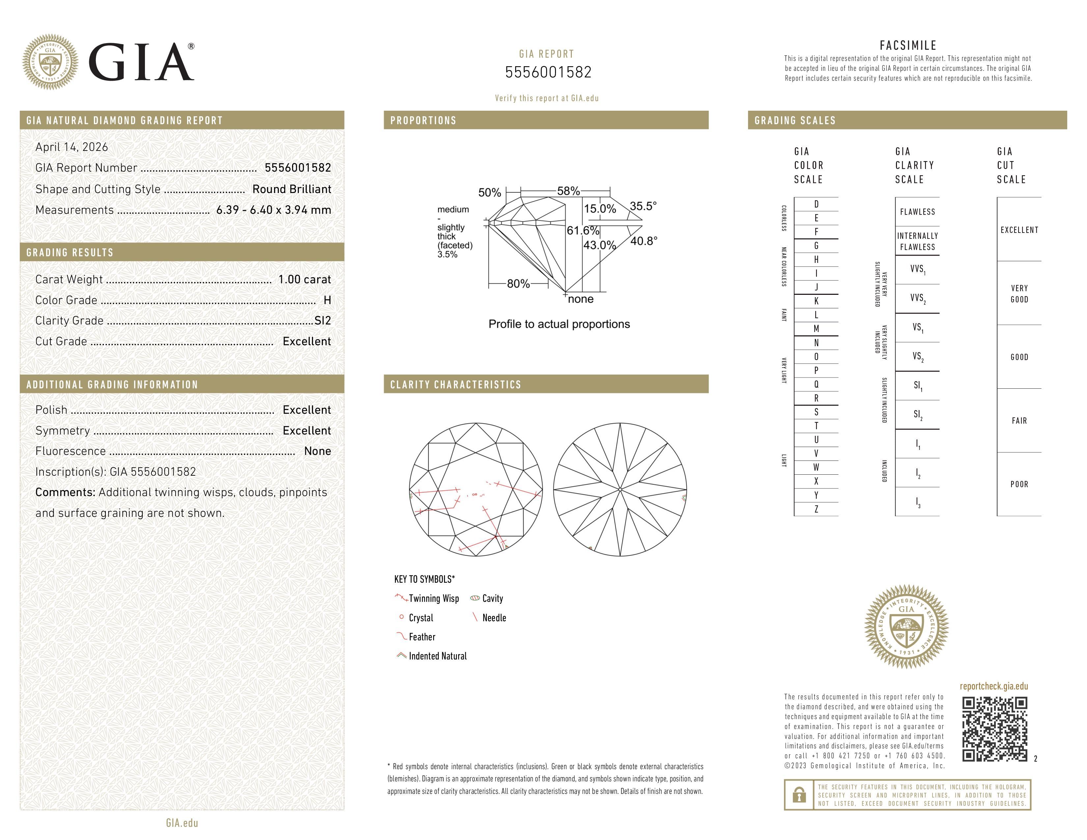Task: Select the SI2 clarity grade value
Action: (322, 321)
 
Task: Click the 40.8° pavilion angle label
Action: (644, 241)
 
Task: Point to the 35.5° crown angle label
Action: (643, 206)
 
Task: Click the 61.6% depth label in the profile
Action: (583, 230)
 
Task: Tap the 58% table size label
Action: (569, 191)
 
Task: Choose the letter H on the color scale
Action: (816, 259)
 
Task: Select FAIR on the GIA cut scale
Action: (1019, 421)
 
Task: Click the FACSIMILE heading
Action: (908, 45)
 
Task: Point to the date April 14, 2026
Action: (72, 147)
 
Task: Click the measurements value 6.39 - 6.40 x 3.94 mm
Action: (273, 210)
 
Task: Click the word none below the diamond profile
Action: (580, 299)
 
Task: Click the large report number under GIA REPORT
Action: (548, 72)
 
